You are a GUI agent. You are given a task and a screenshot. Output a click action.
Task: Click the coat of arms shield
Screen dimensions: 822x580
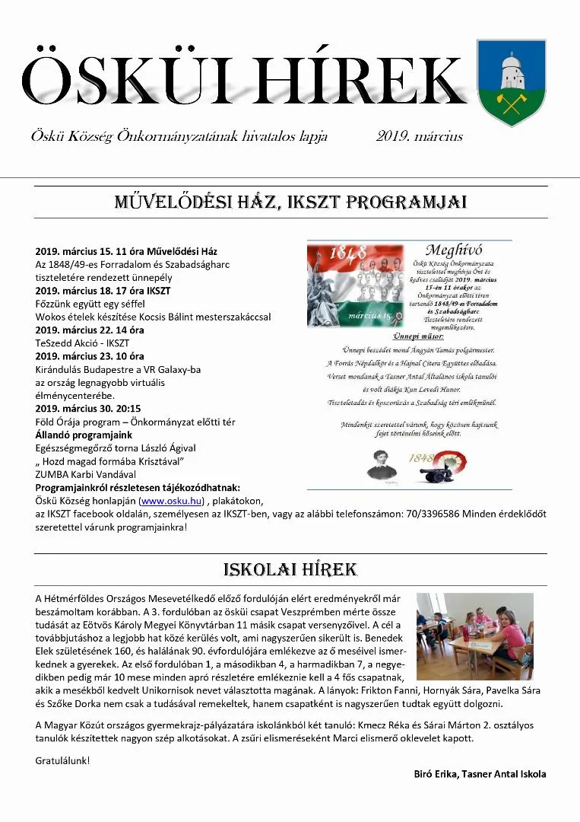(x=511, y=82)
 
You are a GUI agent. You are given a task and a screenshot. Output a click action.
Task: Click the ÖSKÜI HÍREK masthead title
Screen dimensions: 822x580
(x=243, y=81)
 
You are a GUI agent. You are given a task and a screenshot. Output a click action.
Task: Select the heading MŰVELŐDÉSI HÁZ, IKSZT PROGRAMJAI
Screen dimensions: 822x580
(x=290, y=202)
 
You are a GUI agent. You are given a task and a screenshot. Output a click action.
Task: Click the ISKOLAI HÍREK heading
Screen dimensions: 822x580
(x=290, y=570)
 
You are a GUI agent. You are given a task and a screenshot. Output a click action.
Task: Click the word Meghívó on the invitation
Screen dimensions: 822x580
(x=454, y=250)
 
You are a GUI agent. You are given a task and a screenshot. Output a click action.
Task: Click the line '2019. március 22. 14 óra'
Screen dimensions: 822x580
(x=90, y=330)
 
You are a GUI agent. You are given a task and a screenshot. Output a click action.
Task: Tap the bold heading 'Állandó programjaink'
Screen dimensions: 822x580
(x=84, y=435)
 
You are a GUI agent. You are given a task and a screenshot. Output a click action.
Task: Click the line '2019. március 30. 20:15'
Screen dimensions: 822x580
(x=88, y=409)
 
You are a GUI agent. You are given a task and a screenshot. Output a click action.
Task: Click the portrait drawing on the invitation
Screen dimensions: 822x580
(x=382, y=463)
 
